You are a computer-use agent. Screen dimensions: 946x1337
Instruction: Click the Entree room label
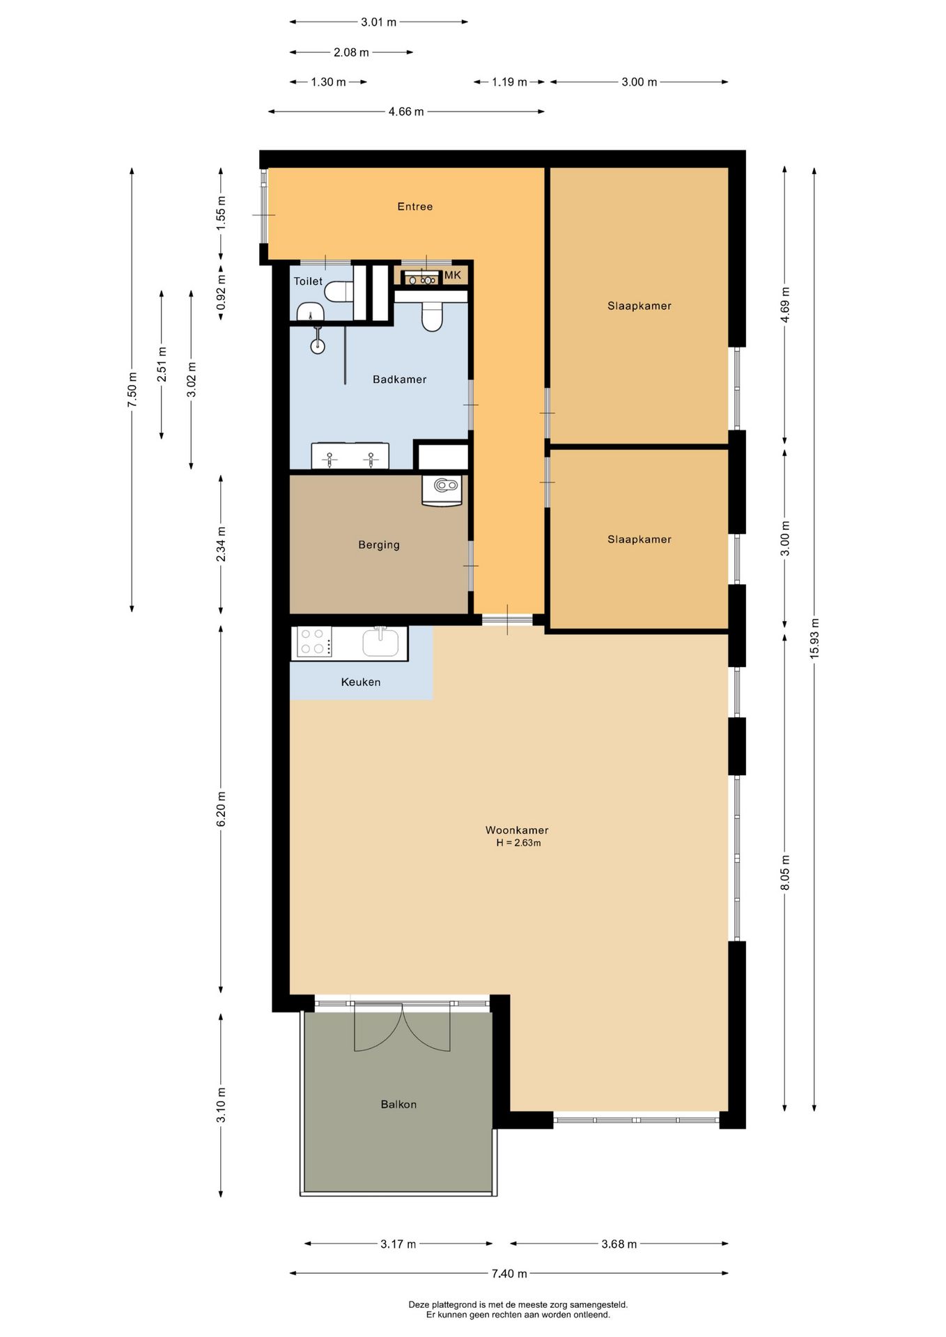414,207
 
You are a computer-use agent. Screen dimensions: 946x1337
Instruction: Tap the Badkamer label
399,380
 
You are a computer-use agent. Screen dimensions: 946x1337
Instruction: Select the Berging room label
379,545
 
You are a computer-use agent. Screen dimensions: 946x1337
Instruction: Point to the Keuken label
361,682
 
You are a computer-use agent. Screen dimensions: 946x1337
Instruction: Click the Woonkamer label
517,830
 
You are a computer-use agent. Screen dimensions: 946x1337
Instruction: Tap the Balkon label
398,1104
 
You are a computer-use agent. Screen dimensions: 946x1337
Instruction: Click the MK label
453,275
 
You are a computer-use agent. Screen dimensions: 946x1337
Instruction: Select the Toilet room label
308,281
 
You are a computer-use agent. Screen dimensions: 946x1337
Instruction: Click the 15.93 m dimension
814,639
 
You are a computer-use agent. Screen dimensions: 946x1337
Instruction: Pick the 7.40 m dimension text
509,1274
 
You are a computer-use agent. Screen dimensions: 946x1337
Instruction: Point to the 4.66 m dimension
406,111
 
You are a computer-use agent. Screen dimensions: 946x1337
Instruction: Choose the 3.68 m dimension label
619,1244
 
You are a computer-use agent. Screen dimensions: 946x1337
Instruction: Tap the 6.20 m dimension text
221,810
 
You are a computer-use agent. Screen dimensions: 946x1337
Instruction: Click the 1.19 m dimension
509,82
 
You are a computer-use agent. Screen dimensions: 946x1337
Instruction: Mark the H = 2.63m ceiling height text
518,843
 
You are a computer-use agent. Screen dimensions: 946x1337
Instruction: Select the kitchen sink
380,641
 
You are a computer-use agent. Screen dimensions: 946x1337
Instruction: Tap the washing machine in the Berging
442,490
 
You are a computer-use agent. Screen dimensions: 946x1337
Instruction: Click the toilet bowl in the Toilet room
339,291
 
